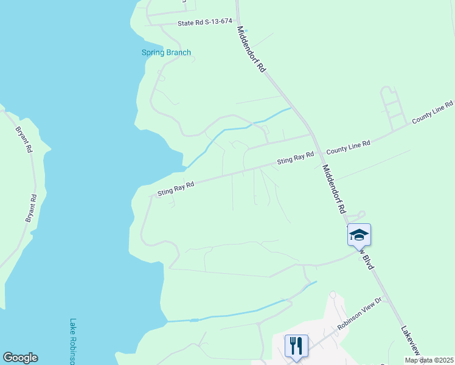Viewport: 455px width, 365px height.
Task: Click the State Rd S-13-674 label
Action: tap(205, 22)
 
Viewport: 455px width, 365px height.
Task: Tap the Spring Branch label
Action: tap(166, 52)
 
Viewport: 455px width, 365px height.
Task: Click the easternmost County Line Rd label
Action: tap(433, 112)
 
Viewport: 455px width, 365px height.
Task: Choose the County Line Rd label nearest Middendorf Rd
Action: tap(349, 147)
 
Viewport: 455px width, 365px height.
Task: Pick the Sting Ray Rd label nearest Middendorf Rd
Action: tap(296, 158)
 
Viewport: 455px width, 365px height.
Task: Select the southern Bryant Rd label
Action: tap(31, 208)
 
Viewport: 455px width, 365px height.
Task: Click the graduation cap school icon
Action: tap(359, 235)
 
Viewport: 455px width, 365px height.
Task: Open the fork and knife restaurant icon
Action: tap(296, 346)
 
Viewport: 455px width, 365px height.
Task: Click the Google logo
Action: tap(20, 358)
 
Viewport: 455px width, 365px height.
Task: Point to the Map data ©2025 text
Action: tap(429, 360)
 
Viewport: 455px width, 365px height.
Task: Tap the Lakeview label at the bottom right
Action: tap(411, 341)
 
